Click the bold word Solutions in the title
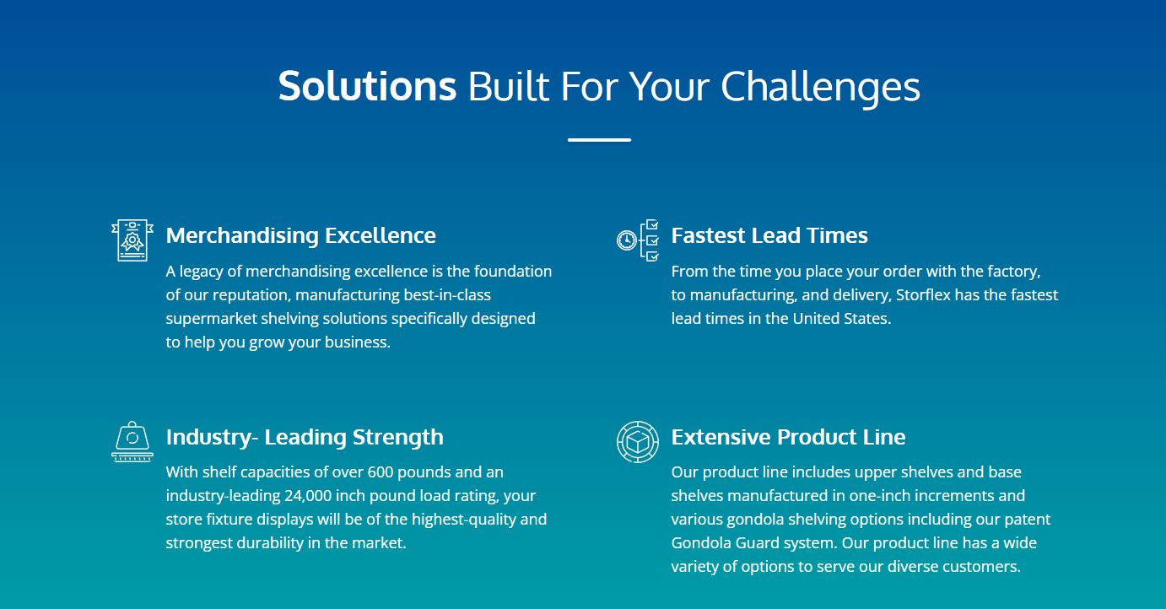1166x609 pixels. tap(368, 86)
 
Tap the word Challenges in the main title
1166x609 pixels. tap(820, 89)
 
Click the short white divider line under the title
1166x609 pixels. tap(599, 139)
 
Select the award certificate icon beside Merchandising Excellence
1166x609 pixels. tap(132, 240)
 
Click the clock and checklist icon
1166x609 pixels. tap(638, 240)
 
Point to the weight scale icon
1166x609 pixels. tap(132, 441)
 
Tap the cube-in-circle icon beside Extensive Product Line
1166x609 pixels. tap(638, 441)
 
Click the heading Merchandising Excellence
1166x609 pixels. tap(301, 236)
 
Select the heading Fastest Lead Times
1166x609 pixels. tap(769, 236)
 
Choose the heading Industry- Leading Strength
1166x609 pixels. tap(305, 437)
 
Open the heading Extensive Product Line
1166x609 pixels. tap(788, 437)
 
